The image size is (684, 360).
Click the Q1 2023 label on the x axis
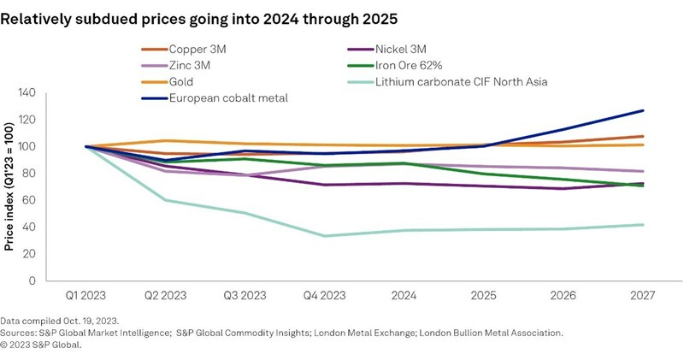click(86, 296)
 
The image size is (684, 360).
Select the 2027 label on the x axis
click(640, 296)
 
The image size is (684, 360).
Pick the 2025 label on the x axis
click(482, 296)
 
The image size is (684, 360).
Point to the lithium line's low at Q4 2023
click(324, 236)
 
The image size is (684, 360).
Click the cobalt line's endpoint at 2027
click(642, 110)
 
